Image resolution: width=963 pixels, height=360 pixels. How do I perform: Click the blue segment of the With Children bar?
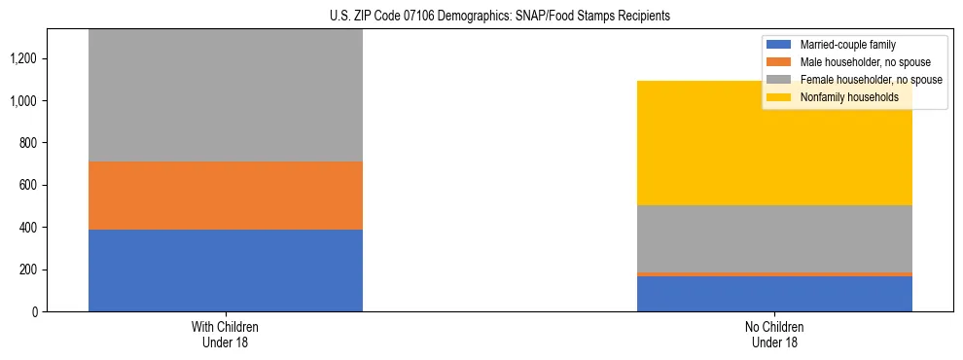click(225, 270)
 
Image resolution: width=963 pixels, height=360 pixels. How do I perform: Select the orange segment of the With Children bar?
click(225, 196)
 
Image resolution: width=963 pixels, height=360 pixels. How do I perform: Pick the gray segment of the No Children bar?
click(774, 238)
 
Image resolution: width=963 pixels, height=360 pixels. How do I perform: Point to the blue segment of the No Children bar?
click(774, 294)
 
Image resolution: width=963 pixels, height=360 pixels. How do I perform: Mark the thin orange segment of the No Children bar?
click(774, 274)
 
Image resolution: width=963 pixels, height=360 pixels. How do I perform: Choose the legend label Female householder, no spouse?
click(870, 80)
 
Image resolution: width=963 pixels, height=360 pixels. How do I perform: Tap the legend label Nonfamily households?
click(848, 97)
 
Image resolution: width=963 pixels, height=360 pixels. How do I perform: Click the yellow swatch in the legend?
click(779, 97)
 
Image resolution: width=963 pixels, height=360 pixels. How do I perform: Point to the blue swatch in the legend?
click(779, 45)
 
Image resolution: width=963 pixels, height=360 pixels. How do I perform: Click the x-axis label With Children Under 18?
click(225, 334)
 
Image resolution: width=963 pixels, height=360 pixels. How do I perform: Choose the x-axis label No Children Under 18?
click(774, 334)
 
